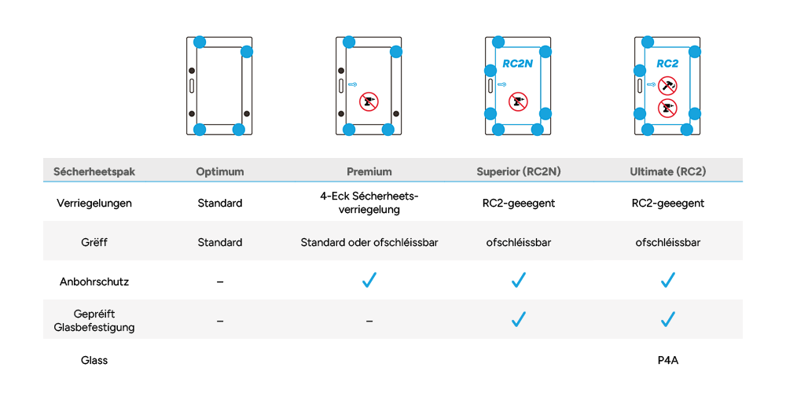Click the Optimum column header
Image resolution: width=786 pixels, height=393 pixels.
[x=220, y=171]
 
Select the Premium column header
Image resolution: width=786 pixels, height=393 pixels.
[x=369, y=171]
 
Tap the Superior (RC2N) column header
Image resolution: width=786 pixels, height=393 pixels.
[x=518, y=171]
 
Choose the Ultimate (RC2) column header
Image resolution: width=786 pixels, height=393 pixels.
[x=667, y=171]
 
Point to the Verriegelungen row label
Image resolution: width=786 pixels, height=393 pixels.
[x=94, y=203]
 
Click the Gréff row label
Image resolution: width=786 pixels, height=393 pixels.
[x=94, y=242]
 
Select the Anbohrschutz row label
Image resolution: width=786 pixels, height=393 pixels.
[x=94, y=281]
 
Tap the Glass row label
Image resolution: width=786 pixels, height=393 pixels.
[x=94, y=360]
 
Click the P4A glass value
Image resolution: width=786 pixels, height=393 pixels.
[x=668, y=360]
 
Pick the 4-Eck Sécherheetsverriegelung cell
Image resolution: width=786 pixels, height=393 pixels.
[x=369, y=203]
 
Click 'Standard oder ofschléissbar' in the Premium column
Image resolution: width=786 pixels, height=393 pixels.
[x=369, y=242]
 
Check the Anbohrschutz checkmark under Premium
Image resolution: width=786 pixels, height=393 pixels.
[x=369, y=281]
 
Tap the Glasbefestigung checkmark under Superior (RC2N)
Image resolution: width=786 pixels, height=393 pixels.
[x=518, y=319]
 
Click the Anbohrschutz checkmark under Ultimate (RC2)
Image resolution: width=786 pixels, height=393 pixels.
[x=668, y=281]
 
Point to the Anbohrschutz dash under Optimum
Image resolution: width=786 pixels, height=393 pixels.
[x=220, y=281]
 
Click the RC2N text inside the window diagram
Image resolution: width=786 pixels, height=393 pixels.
[x=517, y=64]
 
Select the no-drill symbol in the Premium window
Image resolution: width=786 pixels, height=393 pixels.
[x=368, y=101]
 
